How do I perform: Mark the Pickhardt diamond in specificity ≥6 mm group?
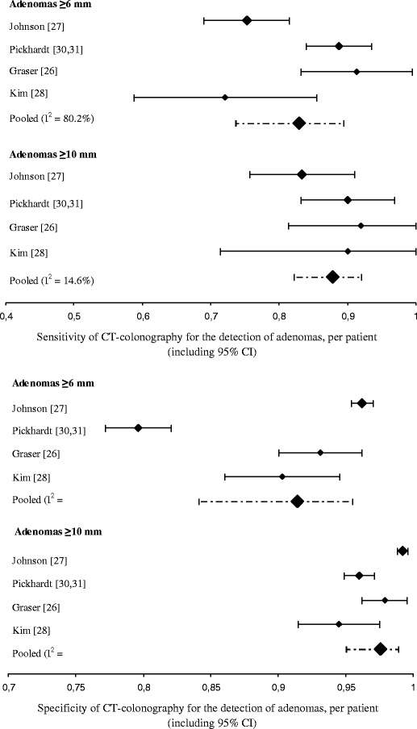tap(138, 427)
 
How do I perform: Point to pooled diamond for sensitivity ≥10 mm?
tap(332, 277)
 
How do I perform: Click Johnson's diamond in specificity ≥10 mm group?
tap(402, 551)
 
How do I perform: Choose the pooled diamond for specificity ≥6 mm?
tap(297, 501)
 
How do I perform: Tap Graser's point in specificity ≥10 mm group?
tap(385, 600)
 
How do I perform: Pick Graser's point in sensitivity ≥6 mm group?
tap(357, 72)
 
